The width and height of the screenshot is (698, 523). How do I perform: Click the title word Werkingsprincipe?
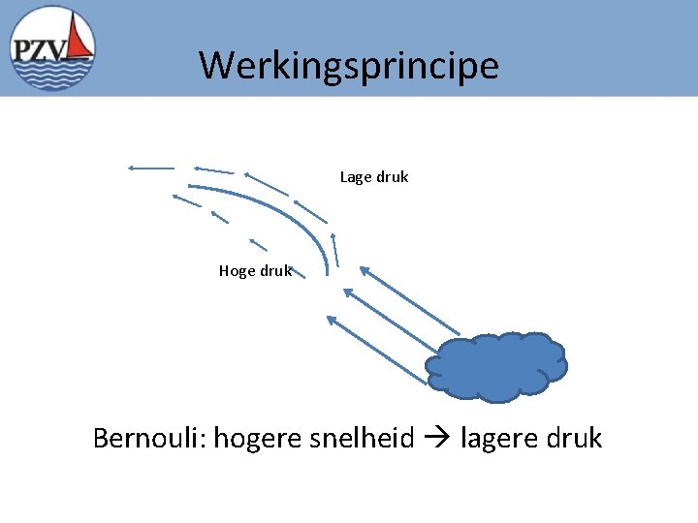[349, 66]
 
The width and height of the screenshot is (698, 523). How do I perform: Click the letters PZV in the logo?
[39, 50]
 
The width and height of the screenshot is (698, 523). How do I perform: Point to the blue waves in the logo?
[53, 76]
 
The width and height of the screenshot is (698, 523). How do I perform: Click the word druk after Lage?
[392, 177]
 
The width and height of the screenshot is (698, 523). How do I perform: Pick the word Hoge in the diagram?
[237, 271]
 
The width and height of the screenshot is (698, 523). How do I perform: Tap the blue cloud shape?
[496, 366]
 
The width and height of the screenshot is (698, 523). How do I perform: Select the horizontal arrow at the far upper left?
[150, 168]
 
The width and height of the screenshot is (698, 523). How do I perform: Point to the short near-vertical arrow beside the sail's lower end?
[334, 249]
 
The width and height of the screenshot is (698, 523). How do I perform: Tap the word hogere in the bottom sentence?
[258, 439]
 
